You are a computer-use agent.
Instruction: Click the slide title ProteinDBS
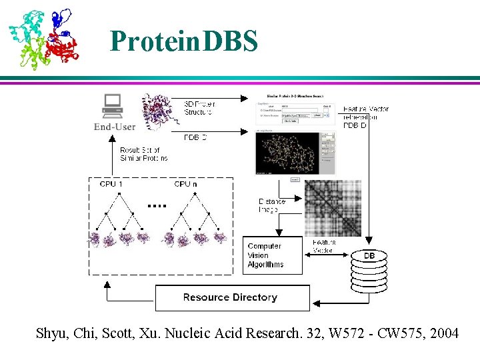(184, 41)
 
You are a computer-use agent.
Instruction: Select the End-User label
(115, 127)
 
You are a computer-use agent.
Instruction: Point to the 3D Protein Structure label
(199, 108)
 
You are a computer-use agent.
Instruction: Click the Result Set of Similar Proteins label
(143, 154)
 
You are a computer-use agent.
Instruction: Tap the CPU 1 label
(111, 184)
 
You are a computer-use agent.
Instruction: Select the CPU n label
(186, 184)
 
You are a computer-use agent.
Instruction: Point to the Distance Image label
(272, 205)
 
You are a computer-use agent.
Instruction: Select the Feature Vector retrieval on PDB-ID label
(365, 117)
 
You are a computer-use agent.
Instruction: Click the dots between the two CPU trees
(157, 206)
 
